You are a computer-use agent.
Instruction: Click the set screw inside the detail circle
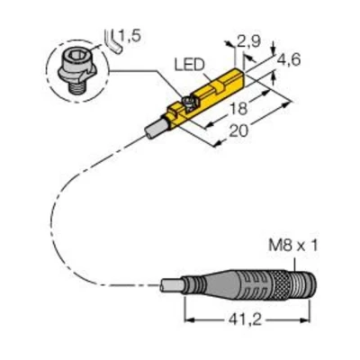[73, 66]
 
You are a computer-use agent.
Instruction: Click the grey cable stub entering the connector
[171, 287]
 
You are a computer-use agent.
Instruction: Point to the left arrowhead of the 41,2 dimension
[187, 320]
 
